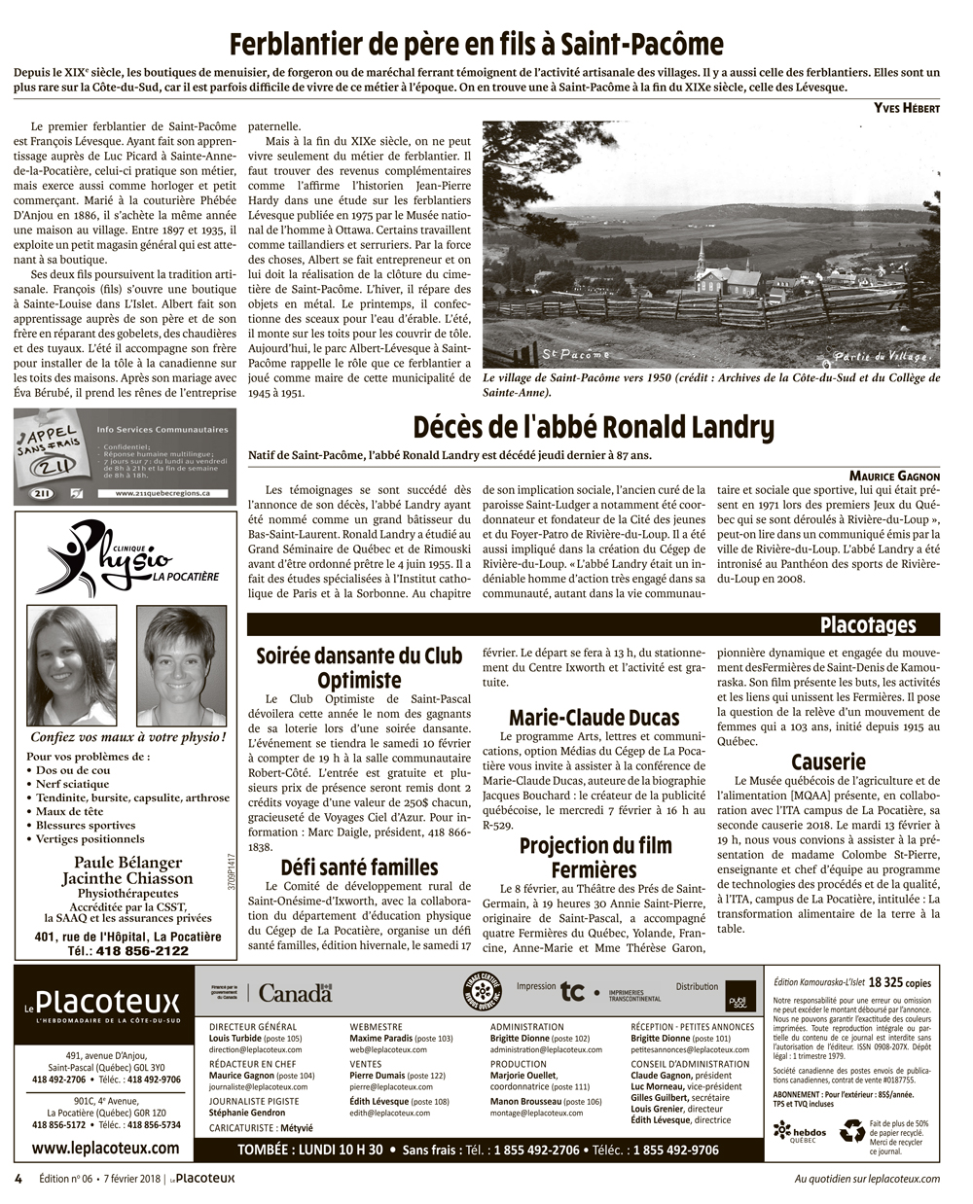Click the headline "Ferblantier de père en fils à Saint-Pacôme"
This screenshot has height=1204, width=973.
477,44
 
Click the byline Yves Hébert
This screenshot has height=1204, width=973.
907,108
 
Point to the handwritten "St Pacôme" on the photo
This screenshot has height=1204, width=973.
575,353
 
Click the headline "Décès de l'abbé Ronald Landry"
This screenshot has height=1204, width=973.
594,427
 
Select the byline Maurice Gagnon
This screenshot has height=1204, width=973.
894,476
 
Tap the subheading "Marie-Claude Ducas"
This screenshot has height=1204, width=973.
594,718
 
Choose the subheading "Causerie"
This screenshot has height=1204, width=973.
828,761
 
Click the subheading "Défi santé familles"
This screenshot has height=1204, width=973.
359,867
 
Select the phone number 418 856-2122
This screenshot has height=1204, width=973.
142,950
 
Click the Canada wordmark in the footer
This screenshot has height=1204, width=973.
296,993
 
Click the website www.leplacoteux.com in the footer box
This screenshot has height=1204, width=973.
104,1148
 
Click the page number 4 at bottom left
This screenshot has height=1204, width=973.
18,1178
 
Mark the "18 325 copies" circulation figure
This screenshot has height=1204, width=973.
907,982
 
